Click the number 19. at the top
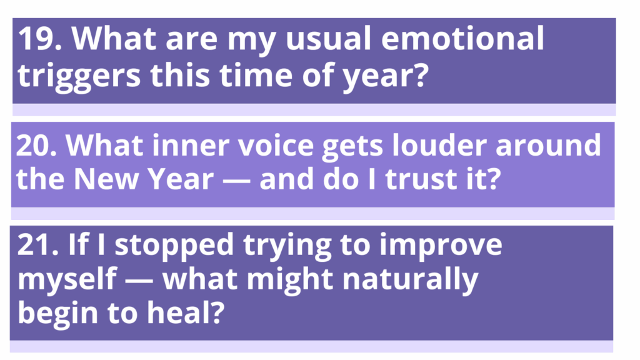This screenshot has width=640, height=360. (x=40, y=38)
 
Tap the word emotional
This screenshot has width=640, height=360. (x=462, y=37)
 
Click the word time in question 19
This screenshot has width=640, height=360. (x=256, y=75)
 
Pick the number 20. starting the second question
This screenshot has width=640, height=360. (x=36, y=145)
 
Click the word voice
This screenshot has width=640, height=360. (x=276, y=145)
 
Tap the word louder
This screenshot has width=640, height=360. (x=439, y=145)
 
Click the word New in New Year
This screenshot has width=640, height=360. (x=106, y=179)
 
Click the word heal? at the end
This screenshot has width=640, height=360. (x=186, y=312)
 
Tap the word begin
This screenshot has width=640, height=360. (x=57, y=314)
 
